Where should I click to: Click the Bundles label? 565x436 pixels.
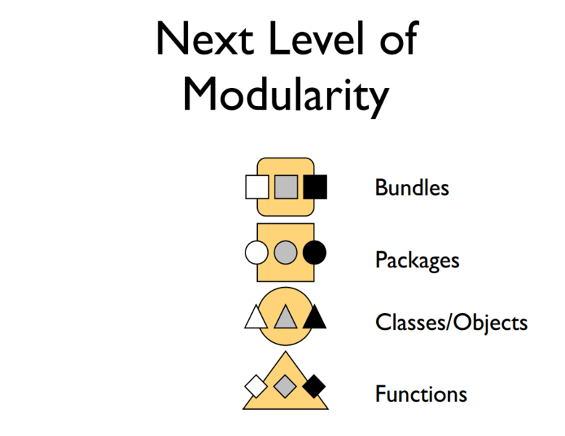[412, 187]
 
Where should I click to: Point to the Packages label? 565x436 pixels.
[417, 259]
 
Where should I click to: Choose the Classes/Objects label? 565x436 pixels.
[451, 322]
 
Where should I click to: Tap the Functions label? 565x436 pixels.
[420, 394]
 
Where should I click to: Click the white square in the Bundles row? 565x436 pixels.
[257, 187]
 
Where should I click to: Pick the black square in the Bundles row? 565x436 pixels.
[315, 187]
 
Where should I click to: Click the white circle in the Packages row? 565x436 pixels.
[256, 253]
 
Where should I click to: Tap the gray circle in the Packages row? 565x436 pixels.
[285, 253]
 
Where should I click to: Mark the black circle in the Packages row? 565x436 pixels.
[314, 253]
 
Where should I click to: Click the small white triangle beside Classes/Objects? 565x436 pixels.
[256, 318]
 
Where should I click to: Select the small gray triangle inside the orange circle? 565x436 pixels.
[285, 318]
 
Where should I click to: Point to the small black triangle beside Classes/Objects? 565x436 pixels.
[314, 318]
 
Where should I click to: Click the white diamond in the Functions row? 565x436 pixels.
[256, 386]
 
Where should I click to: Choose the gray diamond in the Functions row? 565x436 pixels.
[285, 386]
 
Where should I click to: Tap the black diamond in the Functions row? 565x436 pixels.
[314, 386]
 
